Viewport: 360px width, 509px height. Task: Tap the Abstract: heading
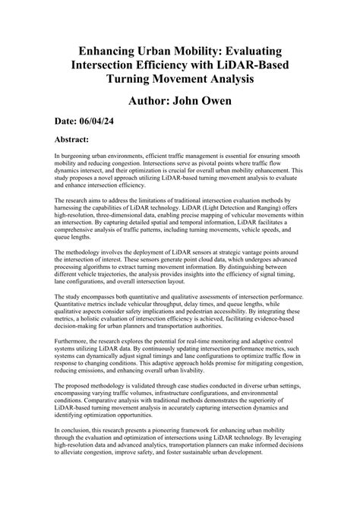point(83,140)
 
